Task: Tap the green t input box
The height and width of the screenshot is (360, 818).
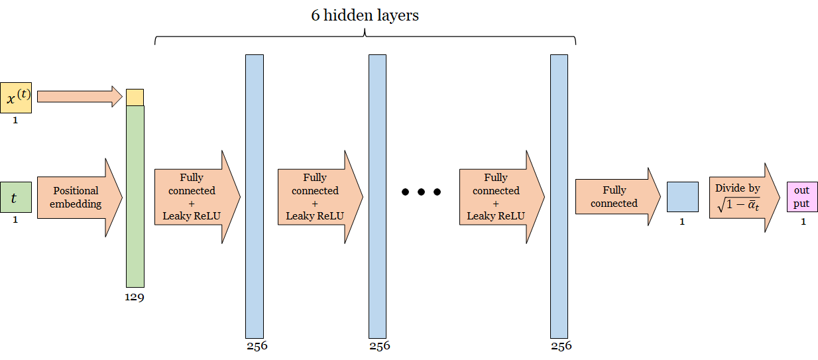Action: [16, 198]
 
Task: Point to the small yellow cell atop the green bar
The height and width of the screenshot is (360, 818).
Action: [135, 97]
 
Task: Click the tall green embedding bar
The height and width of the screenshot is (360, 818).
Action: [135, 196]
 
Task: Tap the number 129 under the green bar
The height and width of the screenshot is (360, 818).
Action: [135, 297]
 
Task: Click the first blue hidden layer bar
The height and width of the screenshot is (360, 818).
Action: [255, 196]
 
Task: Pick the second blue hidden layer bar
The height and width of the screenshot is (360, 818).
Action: [377, 196]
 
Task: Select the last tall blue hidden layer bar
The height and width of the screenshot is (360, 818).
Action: [559, 196]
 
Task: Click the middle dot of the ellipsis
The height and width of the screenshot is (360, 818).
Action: [421, 192]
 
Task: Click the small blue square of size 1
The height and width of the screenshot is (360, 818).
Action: [682, 197]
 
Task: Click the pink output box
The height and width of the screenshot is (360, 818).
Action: [802, 197]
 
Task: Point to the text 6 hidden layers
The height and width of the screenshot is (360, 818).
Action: [365, 16]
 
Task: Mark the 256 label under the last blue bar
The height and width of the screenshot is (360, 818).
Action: [560, 345]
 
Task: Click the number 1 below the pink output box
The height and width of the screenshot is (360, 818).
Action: [803, 221]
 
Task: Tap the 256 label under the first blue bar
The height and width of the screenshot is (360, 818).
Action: [257, 345]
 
